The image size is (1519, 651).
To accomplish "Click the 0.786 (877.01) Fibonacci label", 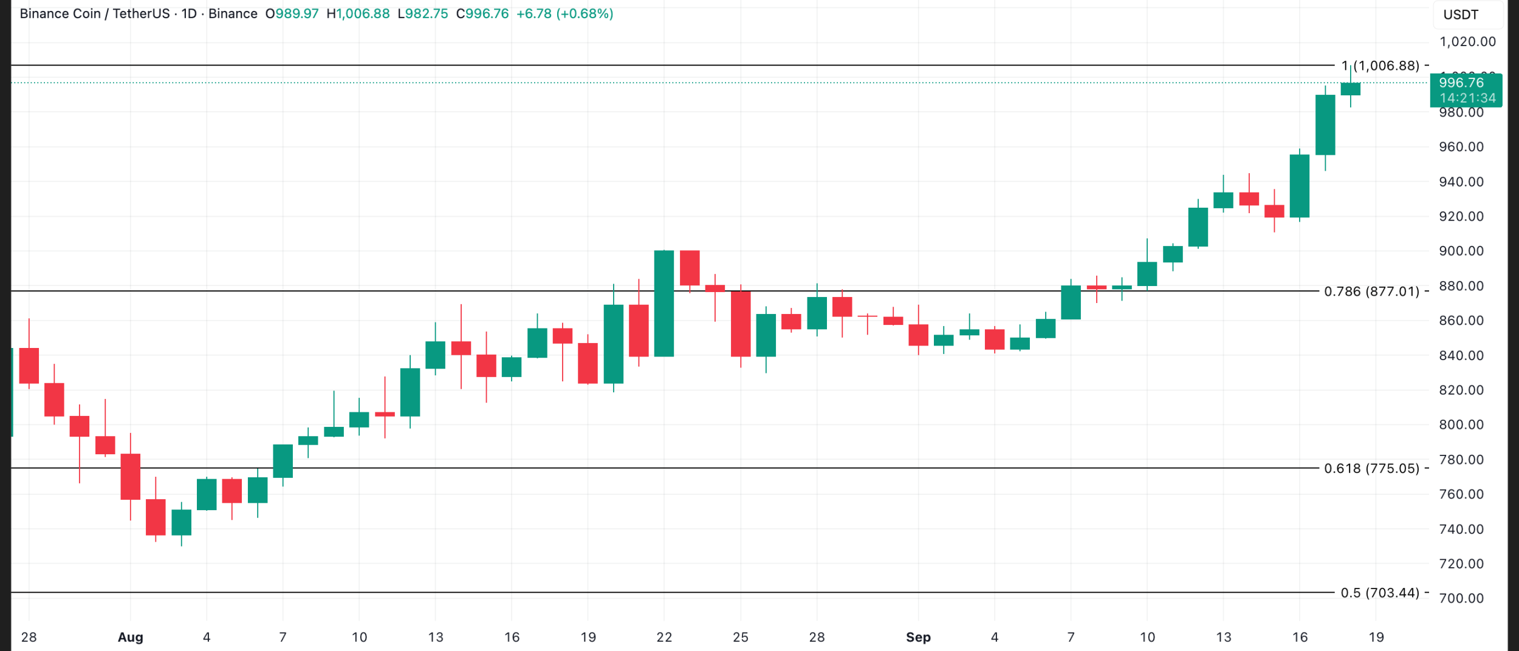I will (1371, 291).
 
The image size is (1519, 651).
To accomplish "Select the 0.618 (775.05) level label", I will (1371, 468).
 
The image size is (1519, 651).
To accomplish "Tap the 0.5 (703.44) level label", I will (1380, 593).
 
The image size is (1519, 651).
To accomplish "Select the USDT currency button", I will (1461, 15).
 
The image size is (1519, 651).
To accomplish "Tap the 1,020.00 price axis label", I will (1467, 42).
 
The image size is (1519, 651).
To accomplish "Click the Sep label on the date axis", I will (918, 637).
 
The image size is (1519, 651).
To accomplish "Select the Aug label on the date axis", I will (130, 637).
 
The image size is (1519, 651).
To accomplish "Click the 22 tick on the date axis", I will (664, 637).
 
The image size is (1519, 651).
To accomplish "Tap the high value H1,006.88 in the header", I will (358, 13).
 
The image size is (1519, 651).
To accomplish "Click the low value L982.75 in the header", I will (423, 13).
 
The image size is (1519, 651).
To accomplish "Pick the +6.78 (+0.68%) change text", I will (564, 13).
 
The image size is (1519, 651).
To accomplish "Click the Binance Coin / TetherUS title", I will (95, 13).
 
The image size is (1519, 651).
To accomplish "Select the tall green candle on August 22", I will (664, 303).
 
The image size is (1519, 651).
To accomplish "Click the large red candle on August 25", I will (741, 324).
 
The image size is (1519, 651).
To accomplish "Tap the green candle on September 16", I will (1300, 186).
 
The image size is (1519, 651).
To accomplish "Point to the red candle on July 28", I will (29, 366).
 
